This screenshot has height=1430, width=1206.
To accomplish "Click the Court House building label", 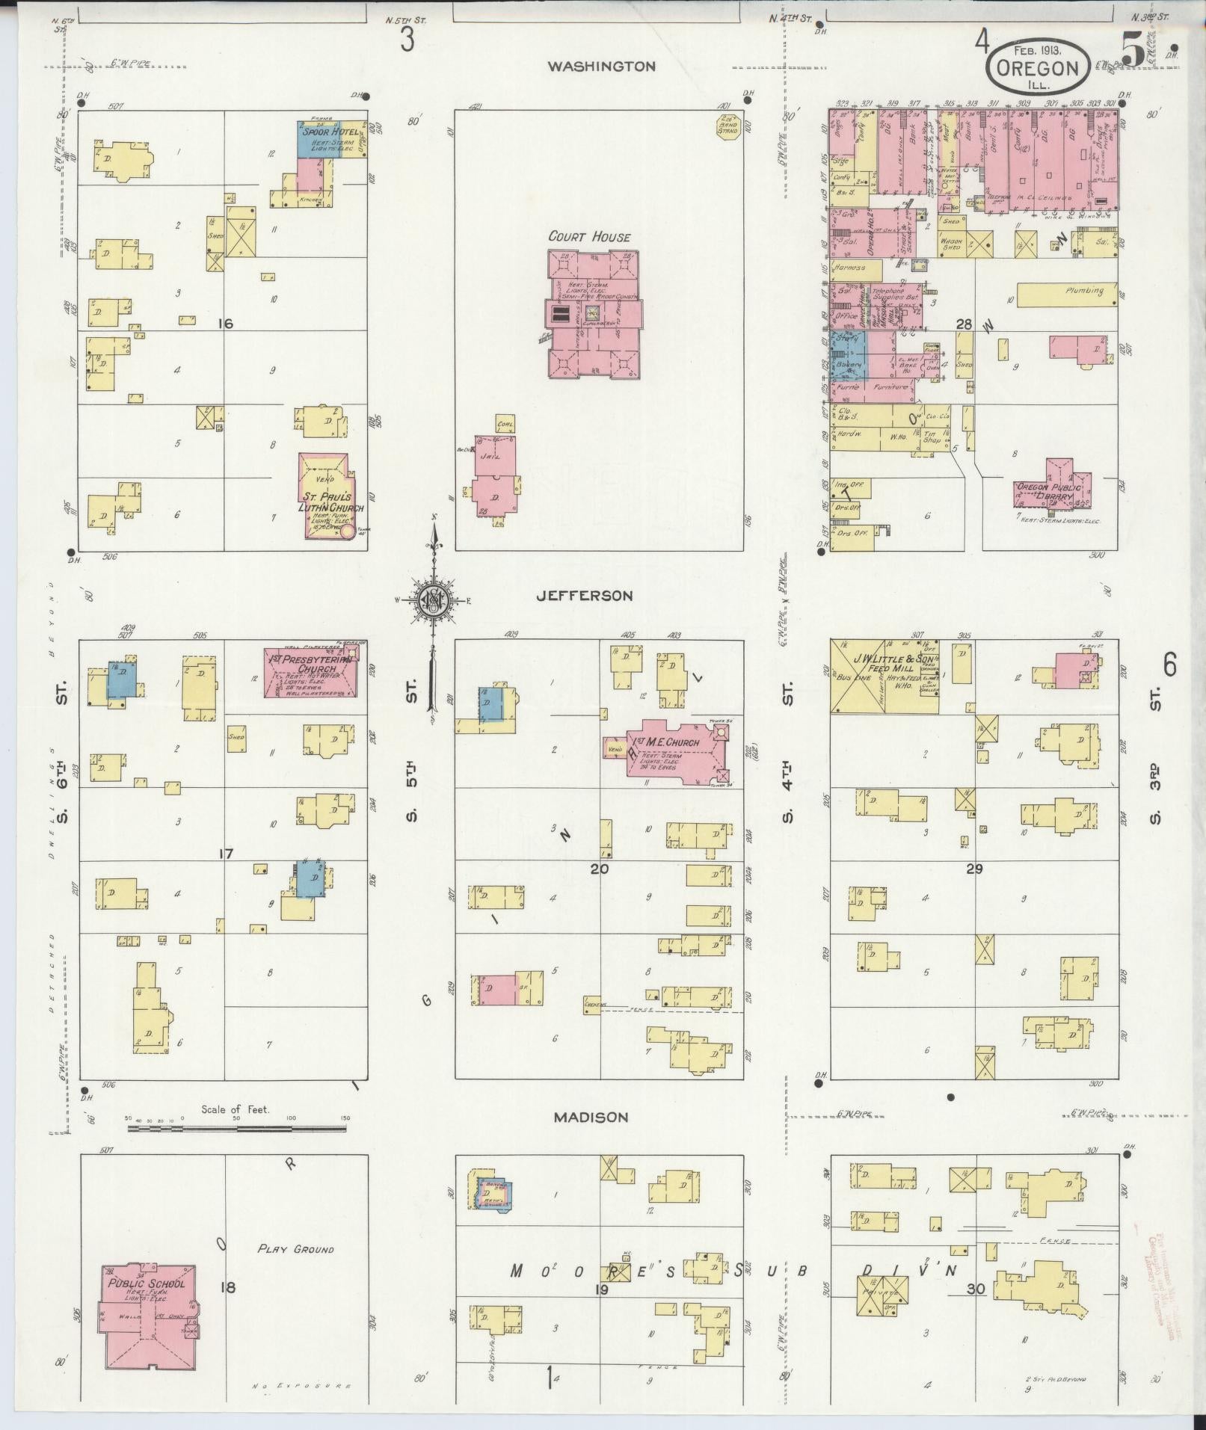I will [x=589, y=237].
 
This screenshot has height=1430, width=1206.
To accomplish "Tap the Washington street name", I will [x=601, y=67].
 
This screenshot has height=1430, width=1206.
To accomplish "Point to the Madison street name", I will [x=591, y=1118].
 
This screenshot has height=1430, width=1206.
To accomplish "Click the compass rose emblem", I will [x=432, y=599].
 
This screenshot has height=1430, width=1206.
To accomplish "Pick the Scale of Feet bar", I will [x=236, y=1127].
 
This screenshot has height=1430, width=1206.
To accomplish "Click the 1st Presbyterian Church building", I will [x=310, y=672].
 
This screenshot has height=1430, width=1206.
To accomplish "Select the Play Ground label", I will [x=295, y=1249].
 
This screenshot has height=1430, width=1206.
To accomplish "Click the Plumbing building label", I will [x=1084, y=291].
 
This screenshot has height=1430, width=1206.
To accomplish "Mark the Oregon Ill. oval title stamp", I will [x=1036, y=70].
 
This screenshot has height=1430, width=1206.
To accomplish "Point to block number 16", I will [x=225, y=324].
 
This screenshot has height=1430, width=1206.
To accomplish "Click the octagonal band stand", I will [x=727, y=126].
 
